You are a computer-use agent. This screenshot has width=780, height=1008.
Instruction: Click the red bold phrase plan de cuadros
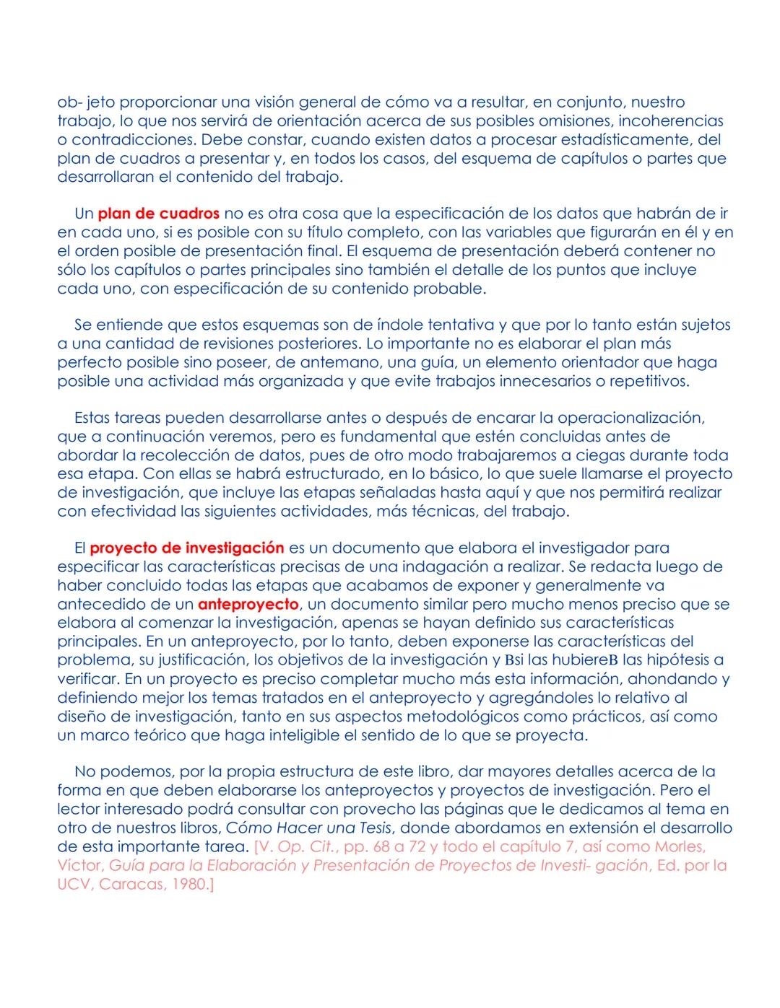tap(158, 214)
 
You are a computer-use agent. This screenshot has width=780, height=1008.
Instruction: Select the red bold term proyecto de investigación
tap(186, 548)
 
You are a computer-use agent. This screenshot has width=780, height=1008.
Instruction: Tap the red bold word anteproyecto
tap(248, 604)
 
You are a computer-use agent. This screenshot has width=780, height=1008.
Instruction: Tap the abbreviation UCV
tap(73, 884)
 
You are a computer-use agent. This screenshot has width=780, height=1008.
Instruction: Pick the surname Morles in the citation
tap(679, 846)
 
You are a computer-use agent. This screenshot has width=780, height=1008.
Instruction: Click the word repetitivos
tap(646, 381)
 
